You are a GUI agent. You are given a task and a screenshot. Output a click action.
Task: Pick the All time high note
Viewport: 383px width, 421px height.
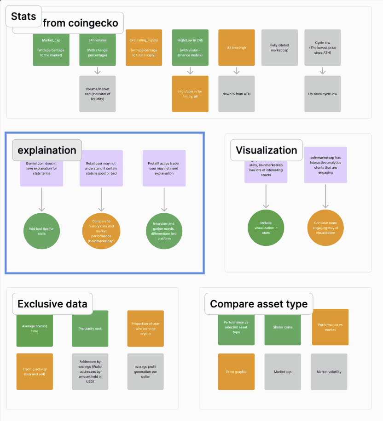236,48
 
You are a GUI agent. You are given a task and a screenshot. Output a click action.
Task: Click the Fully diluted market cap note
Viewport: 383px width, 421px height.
279,48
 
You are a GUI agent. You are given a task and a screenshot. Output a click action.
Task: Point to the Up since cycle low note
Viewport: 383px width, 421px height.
323,94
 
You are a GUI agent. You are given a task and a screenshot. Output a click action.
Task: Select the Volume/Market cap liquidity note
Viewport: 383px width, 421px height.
97,94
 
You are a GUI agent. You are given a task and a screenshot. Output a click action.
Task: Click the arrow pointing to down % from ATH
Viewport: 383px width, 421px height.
236,71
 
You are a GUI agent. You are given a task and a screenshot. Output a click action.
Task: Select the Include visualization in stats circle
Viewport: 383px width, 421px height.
266,228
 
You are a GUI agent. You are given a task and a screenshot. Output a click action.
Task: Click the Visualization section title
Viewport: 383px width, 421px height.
266,150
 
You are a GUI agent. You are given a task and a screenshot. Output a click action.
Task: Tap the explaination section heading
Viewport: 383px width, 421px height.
47,150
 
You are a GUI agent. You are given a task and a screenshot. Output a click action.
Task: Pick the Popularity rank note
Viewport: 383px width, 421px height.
90,329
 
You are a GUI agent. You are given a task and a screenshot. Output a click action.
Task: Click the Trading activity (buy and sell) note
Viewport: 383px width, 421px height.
35,372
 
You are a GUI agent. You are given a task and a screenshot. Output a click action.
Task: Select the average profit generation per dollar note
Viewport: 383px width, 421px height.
145,372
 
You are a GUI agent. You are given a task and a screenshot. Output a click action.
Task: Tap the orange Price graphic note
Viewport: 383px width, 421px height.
236,372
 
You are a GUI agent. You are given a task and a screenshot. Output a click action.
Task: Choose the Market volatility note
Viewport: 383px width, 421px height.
329,372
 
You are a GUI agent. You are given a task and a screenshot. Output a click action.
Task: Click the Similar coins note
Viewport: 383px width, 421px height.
282,327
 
